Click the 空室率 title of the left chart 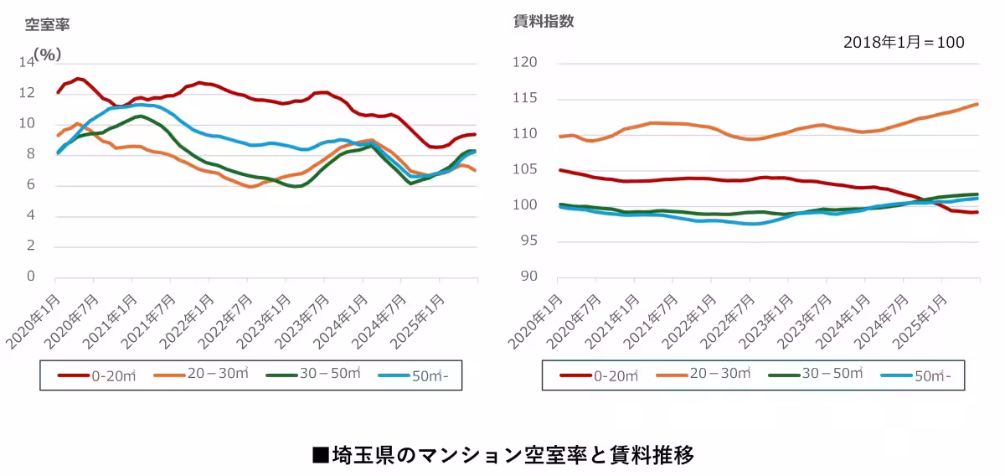[x=47, y=24]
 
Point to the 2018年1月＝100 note [x=904, y=42]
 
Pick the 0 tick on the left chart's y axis [x=32, y=277]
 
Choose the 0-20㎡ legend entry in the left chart [x=97, y=376]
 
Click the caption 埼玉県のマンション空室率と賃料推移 [x=502, y=455]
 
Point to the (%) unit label [x=49, y=54]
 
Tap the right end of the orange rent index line [x=978, y=104]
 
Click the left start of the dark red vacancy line [x=57, y=92]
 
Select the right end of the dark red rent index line [x=978, y=212]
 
